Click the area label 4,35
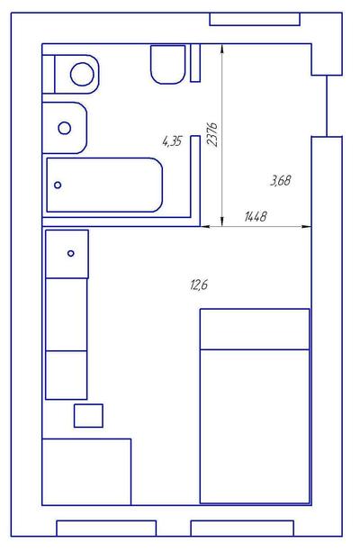tap(172, 141)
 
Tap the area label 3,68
tap(281, 181)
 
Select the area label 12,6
tap(199, 285)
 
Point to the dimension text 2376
tap(213, 134)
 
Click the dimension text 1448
tap(256, 216)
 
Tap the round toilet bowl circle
tap(82, 74)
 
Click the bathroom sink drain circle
tap(65, 128)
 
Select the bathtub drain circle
tap(58, 185)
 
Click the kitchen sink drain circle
tap(71, 253)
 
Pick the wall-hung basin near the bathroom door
tap(168, 64)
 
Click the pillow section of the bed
tap(255, 330)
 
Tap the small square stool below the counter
tap(88, 416)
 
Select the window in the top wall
tap(255, 19)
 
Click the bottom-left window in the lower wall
tap(106, 528)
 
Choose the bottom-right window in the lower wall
tap(242, 528)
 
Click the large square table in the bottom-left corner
tap(86, 472)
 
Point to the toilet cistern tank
tap(49, 74)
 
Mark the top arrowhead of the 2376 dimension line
tap(222, 49)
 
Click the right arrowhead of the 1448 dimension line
tap(307, 227)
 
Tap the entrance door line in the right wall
tap(327, 105)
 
